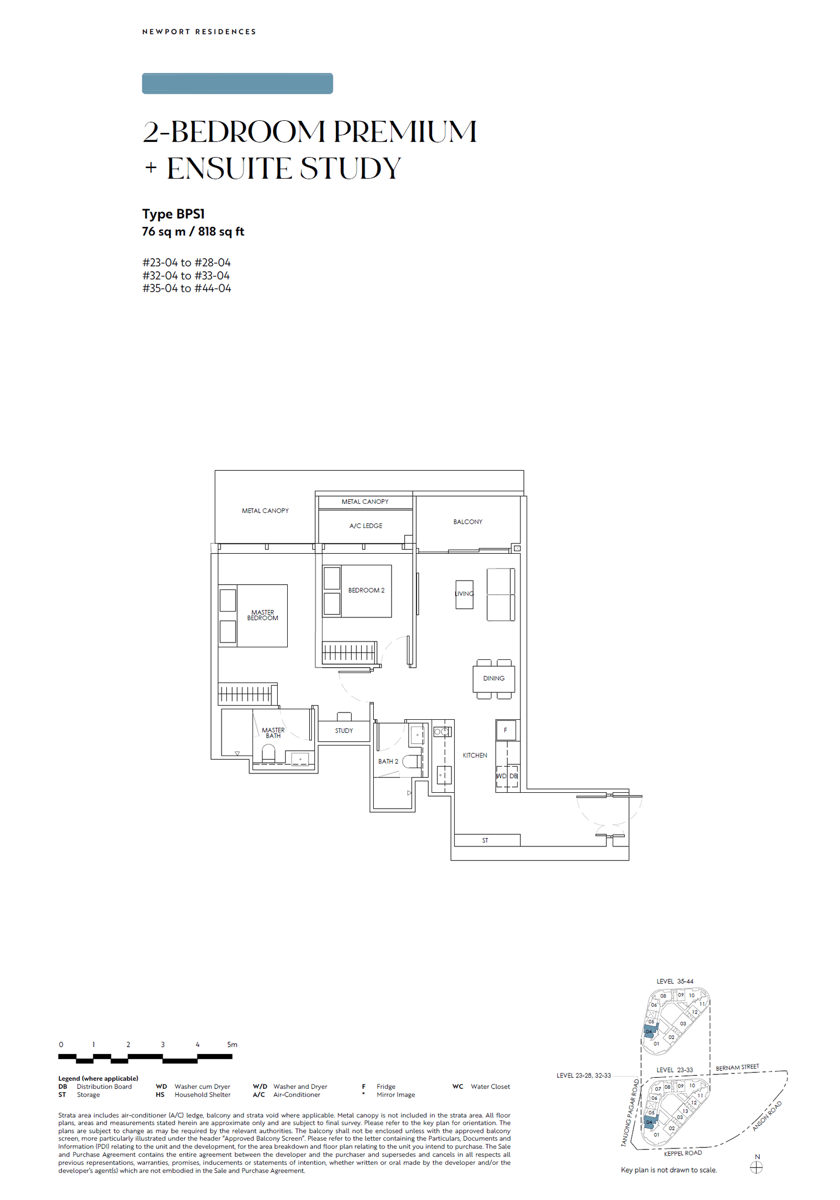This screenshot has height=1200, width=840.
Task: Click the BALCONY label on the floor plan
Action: [467, 522]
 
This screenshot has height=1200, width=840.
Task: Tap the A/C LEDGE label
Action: [365, 525]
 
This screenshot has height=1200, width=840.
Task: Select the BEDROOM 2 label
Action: [366, 590]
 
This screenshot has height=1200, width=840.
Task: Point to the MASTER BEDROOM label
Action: [262, 615]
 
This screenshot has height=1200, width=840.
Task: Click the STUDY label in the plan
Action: [344, 730]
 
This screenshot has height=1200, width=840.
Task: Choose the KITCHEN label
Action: [475, 755]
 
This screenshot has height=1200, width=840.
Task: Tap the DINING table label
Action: [493, 678]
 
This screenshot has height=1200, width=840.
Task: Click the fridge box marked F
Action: [506, 730]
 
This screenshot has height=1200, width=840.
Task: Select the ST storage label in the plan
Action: [485, 840]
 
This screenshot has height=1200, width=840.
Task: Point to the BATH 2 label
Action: [388, 761]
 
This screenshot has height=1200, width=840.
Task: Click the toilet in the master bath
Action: [268, 754]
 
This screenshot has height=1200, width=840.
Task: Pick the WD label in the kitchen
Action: [501, 776]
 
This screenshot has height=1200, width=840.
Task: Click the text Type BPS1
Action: [173, 214]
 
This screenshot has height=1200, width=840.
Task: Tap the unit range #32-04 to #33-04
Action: [186, 275]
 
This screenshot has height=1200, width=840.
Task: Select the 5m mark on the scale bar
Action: [232, 1044]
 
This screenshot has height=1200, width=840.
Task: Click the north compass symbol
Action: [756, 1167]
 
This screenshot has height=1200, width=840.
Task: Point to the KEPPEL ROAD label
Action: [682, 1153]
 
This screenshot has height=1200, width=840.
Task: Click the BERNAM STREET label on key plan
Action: [737, 1067]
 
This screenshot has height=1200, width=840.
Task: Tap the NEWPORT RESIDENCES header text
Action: [199, 32]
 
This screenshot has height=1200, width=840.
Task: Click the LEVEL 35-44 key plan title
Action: [675, 981]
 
